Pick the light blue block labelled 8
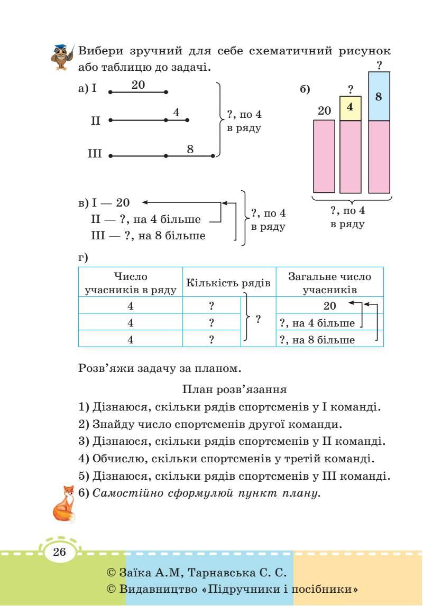click(379, 96)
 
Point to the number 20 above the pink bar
click(324, 111)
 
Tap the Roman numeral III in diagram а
click(95, 155)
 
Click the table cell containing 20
click(329, 305)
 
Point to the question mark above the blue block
click(379, 66)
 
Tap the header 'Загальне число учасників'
click(329, 283)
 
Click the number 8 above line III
click(190, 149)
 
